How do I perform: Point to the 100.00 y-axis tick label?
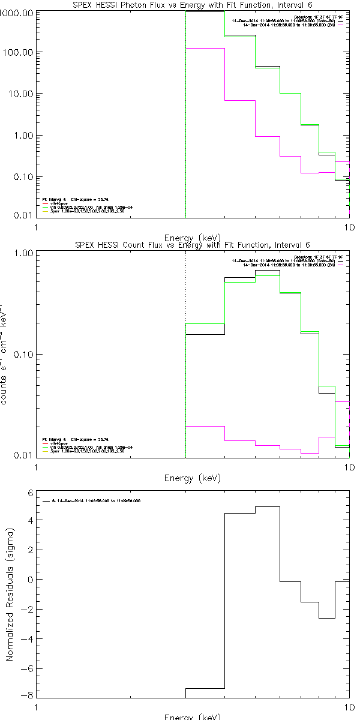pos(19,53)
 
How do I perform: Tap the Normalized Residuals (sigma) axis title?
pos(10,595)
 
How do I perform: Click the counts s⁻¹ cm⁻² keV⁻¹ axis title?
pos(4,354)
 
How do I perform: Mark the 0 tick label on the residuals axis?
pos(29,580)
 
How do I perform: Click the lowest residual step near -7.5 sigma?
pos(205,688)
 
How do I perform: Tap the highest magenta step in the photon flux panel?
pos(205,49)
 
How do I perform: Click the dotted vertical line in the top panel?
pos(185,120)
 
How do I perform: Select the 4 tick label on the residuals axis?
pos(29,522)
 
